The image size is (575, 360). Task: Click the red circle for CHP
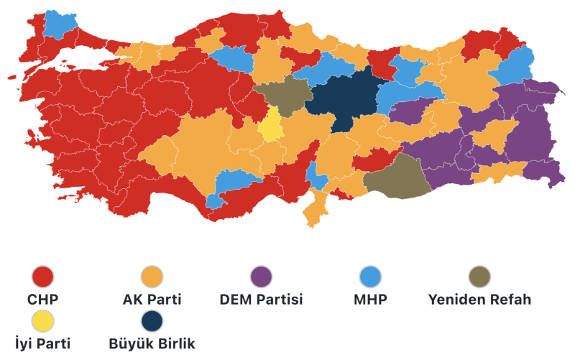43,276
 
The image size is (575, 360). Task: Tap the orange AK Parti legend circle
152,276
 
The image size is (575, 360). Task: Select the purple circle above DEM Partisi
261,276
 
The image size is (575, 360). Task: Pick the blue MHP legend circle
369,276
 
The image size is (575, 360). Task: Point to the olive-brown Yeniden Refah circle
479,276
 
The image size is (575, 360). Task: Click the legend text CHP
43,299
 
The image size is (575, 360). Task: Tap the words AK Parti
152,299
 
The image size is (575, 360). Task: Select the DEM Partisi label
261,299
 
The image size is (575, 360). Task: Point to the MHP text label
369,299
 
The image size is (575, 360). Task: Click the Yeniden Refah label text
479,299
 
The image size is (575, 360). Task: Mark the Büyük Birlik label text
152,343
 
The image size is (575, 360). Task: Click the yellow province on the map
270,126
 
